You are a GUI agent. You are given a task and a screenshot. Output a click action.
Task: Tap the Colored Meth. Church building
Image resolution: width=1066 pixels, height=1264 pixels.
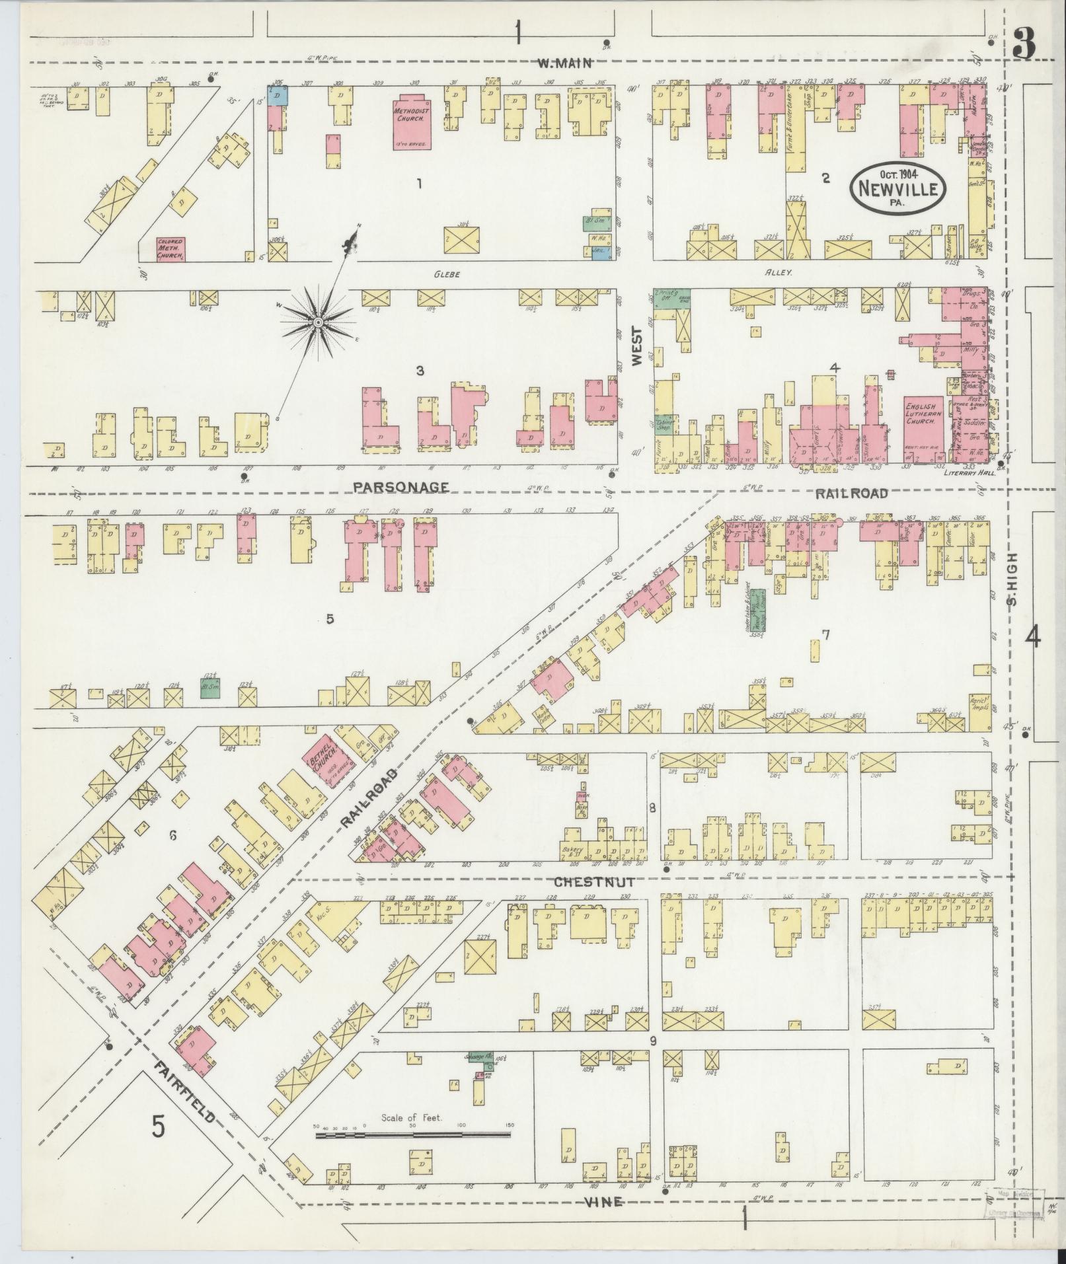point(170,248)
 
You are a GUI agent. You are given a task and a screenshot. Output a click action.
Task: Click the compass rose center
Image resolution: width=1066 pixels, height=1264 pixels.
point(318,322)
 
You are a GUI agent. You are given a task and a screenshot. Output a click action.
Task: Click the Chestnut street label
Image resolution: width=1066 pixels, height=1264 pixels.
point(594,882)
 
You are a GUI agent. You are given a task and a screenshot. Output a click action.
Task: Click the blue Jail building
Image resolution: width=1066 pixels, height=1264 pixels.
point(596,250)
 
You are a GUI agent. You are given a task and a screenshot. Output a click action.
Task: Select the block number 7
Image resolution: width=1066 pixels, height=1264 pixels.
point(825,635)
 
